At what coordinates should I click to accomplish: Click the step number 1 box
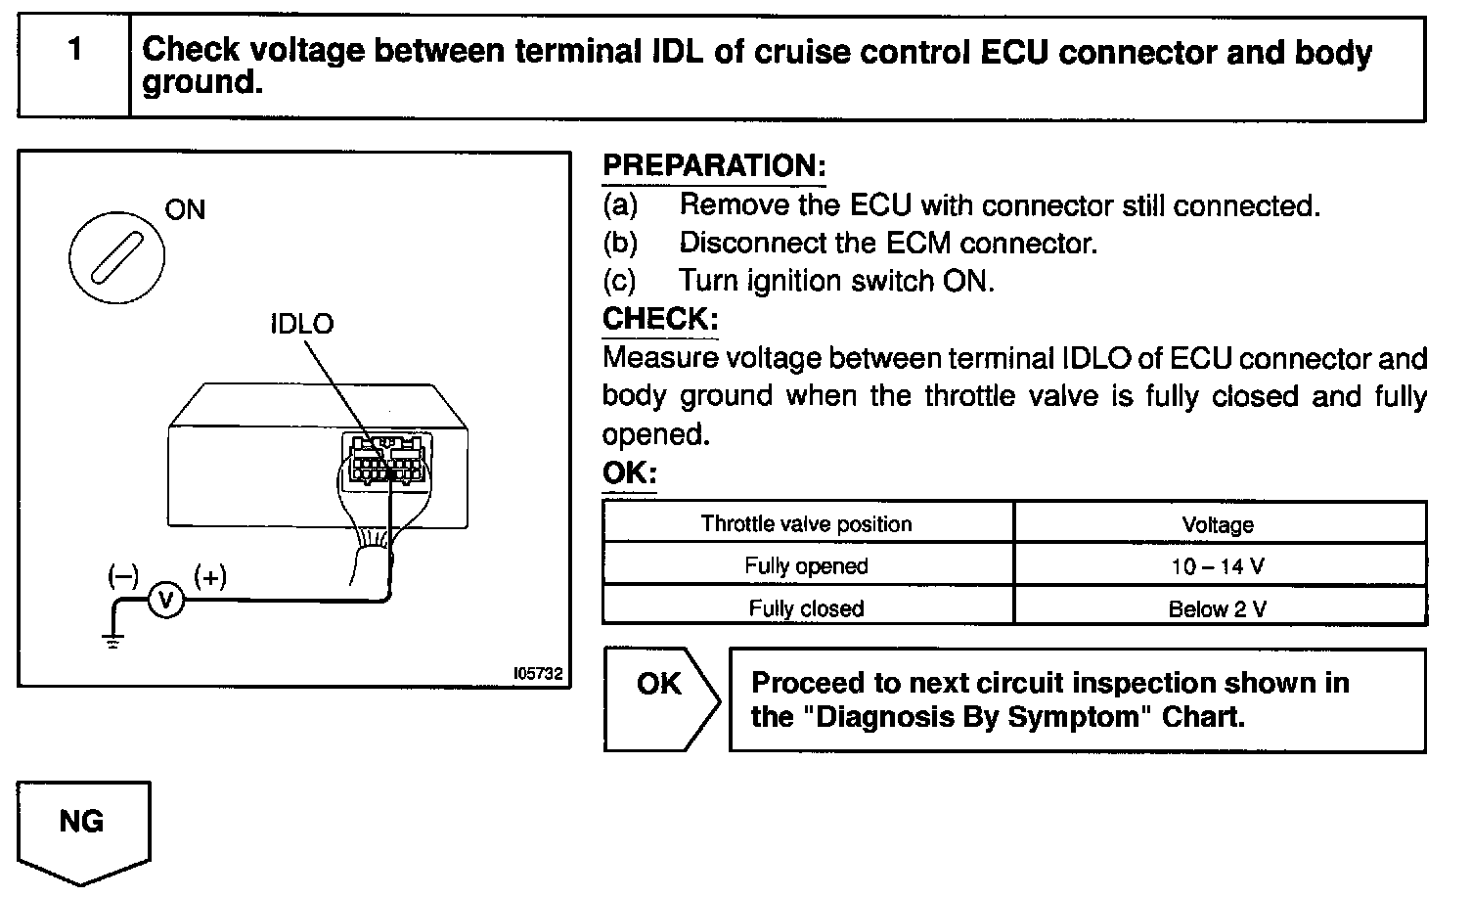click(74, 67)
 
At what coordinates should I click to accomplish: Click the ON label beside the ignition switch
click(185, 209)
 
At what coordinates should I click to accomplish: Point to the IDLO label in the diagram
click(301, 324)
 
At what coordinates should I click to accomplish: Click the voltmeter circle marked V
click(165, 600)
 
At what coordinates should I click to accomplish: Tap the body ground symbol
click(113, 641)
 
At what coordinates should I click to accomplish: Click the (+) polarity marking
click(210, 576)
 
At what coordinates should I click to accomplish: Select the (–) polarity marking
click(123, 576)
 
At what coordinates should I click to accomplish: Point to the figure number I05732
click(537, 674)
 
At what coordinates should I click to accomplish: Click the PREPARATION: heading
click(714, 166)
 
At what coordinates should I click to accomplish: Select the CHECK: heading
click(660, 319)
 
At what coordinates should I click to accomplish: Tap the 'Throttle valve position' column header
click(807, 523)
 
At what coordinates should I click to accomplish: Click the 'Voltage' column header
click(1219, 525)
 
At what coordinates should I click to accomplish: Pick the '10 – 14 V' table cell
click(1219, 566)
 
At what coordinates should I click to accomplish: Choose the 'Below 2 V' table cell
click(1219, 609)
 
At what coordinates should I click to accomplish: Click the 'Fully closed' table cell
click(807, 608)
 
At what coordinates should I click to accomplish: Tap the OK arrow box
click(660, 698)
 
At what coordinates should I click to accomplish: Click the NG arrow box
click(83, 831)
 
